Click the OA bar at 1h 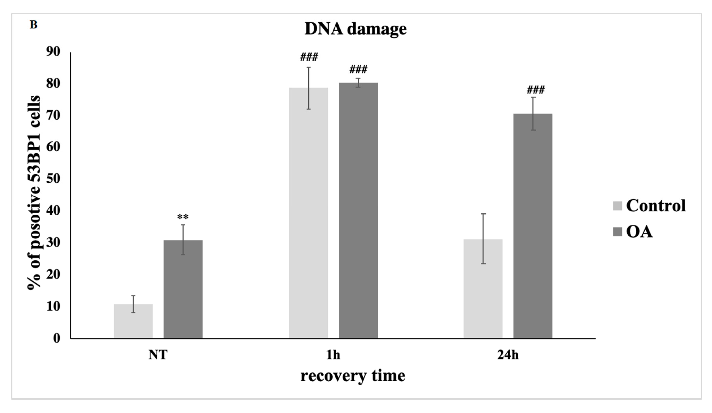[358, 211]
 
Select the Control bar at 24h [483, 289]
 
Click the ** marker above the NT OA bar [183, 217]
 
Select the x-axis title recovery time [353, 376]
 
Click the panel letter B [33, 25]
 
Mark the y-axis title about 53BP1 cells [34, 192]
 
